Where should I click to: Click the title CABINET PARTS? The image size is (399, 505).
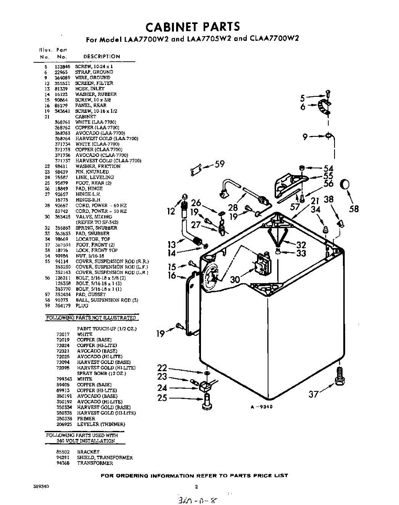pyautogui.click(x=193, y=27)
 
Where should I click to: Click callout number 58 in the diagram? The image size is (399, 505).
pyautogui.click(x=354, y=209)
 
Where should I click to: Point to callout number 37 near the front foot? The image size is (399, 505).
pyautogui.click(x=313, y=394)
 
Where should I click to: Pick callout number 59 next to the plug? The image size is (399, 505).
pyautogui.click(x=220, y=164)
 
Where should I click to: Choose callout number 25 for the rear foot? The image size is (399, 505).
pyautogui.click(x=162, y=398)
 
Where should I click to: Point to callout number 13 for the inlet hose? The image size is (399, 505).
pyautogui.click(x=171, y=245)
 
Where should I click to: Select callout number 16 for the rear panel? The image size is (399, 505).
pyautogui.click(x=171, y=276)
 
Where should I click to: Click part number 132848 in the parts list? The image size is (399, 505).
pyautogui.click(x=62, y=67)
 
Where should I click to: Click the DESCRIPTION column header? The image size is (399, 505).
pyautogui.click(x=102, y=56)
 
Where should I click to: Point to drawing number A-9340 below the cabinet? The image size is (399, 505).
pyautogui.click(x=261, y=407)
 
